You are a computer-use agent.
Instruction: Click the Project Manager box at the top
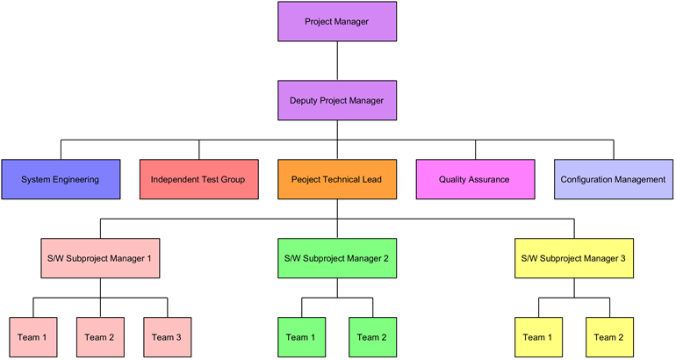(x=337, y=22)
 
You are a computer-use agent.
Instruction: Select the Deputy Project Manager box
(x=337, y=100)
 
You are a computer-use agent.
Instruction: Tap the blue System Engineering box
(x=61, y=179)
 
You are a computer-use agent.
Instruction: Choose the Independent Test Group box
(x=199, y=179)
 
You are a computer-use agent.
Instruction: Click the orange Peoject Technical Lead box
(x=337, y=179)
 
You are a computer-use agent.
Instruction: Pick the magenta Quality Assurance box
(x=476, y=179)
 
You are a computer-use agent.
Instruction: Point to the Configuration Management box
(x=614, y=179)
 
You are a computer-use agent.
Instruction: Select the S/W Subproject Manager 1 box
(x=100, y=258)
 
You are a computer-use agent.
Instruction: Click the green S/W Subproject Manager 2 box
(x=337, y=258)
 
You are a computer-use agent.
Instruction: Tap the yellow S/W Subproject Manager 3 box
(x=574, y=258)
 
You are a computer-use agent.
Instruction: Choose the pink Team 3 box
(x=168, y=337)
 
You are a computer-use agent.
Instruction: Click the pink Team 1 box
(x=33, y=337)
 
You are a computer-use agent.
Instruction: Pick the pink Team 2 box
(x=100, y=337)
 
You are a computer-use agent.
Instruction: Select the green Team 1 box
(x=302, y=337)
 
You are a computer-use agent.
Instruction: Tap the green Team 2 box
(x=373, y=337)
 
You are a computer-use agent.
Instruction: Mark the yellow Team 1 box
(x=538, y=337)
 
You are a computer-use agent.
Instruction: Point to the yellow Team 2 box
(x=609, y=337)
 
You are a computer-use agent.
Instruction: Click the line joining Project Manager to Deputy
(x=337, y=61)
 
